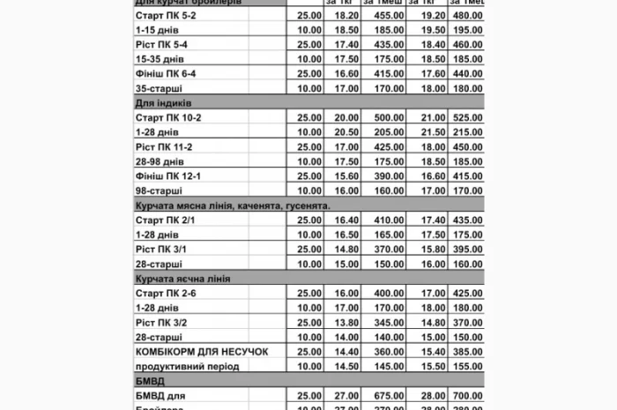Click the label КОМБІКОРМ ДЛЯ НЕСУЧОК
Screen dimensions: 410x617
click(201, 351)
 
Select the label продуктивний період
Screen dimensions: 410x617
click(187, 365)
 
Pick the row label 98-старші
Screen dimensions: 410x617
click(160, 190)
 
